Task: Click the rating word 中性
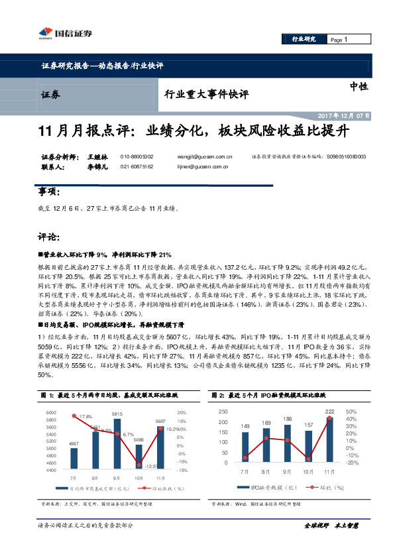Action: click(359, 86)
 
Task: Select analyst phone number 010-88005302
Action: click(137, 156)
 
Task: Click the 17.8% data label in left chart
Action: click(85, 417)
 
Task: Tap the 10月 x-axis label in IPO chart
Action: click(308, 472)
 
